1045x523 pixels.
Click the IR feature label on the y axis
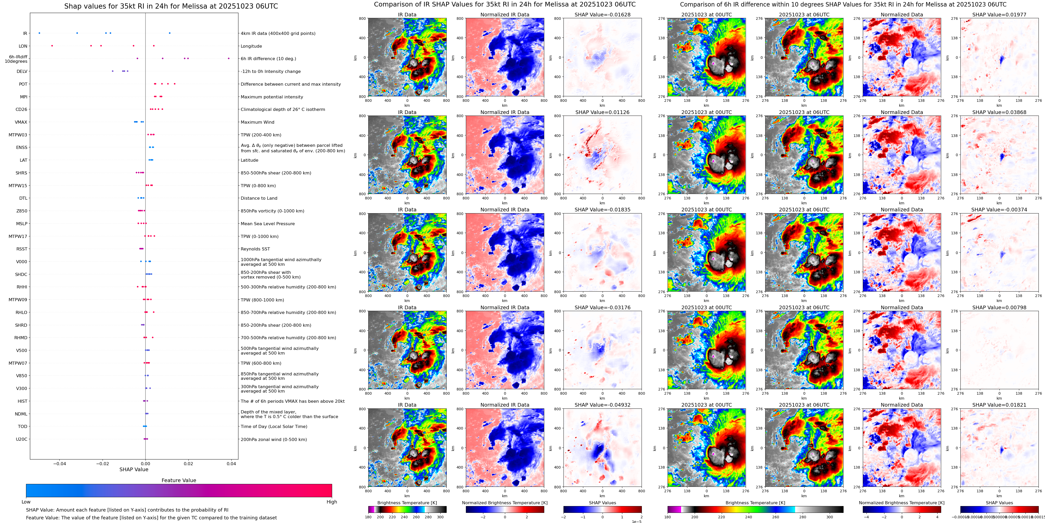point(25,34)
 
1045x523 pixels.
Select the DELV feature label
point(22,71)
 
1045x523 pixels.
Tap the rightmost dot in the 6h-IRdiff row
point(229,58)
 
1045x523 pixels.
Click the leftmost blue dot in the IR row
point(39,33)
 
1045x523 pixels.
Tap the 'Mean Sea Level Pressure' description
point(267,224)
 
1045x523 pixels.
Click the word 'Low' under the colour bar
point(26,502)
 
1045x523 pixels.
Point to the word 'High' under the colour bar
point(332,502)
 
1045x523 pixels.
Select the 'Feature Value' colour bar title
point(179,480)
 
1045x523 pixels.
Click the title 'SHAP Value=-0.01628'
point(603,15)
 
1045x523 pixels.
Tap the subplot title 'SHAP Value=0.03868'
point(999,112)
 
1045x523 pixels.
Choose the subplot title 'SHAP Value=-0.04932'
point(603,405)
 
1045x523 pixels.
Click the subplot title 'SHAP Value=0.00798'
point(999,307)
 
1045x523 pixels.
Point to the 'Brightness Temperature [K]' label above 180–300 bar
point(407,503)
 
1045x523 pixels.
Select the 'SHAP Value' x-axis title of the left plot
point(134,469)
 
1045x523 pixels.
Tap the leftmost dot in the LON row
point(52,46)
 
